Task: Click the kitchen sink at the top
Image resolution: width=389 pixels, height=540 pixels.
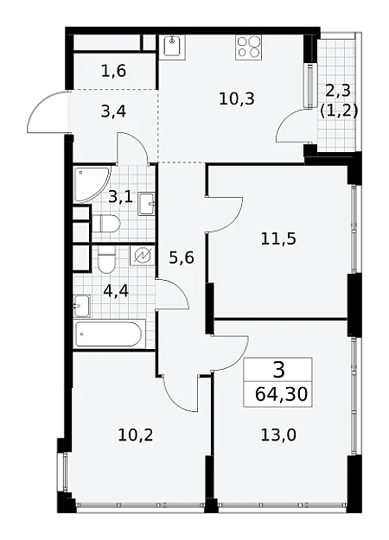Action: tap(172, 47)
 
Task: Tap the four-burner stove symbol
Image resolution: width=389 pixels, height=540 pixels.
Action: tap(248, 48)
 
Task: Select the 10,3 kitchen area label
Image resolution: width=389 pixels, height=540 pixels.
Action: tap(237, 99)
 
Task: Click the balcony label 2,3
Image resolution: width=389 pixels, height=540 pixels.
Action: tap(338, 91)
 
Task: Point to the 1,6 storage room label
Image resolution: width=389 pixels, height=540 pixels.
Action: tap(114, 71)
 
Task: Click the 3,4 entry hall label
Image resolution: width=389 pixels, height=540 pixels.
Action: tap(113, 112)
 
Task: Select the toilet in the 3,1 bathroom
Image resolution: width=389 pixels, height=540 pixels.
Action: tap(105, 224)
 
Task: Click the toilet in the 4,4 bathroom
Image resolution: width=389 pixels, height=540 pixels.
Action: tap(106, 260)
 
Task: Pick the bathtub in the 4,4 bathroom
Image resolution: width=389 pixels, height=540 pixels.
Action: tap(109, 334)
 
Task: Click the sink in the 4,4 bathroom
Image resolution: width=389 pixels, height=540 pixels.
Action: tap(81, 306)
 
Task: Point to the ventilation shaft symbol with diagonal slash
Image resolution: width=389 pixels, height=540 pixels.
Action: tap(142, 257)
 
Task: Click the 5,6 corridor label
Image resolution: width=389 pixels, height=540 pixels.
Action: tap(182, 257)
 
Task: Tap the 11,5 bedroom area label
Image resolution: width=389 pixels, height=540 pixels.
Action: tap(278, 238)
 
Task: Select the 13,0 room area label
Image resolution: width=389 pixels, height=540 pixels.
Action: tap(278, 435)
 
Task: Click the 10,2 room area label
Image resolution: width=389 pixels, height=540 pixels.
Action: tap(136, 435)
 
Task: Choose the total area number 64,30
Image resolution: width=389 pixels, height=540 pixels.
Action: tap(281, 394)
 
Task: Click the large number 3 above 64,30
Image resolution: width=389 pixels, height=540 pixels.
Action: tap(278, 370)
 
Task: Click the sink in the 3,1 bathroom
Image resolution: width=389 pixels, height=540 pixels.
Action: tap(146, 204)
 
